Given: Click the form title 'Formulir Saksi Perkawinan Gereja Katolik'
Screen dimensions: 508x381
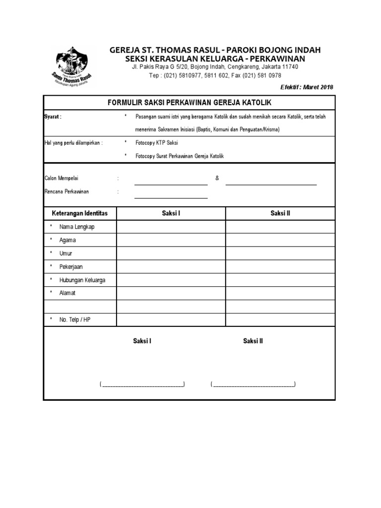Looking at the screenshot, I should (190, 102).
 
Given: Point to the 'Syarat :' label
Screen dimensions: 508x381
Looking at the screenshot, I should (53, 117).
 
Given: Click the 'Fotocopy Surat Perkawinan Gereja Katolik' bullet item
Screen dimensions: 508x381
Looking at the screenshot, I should (180, 156).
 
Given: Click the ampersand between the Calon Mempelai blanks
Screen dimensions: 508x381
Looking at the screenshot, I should (217, 178).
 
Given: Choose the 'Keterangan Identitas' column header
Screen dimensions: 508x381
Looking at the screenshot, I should (80, 213).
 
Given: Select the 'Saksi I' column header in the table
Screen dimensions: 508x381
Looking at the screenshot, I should (171, 213).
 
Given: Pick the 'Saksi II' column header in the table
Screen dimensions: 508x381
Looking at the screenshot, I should (280, 213).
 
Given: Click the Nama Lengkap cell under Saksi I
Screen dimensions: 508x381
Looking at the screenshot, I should (171, 227).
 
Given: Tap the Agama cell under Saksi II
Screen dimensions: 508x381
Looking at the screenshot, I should (280, 240).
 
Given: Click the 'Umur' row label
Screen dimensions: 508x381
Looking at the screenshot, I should (65, 254).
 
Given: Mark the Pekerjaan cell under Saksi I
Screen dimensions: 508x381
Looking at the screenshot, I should (171, 267).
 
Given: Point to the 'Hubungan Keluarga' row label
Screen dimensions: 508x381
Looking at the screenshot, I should (82, 280).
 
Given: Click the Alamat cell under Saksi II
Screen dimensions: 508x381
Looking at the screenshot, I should (280, 293).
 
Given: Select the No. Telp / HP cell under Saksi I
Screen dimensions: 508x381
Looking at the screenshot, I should (171, 320).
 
